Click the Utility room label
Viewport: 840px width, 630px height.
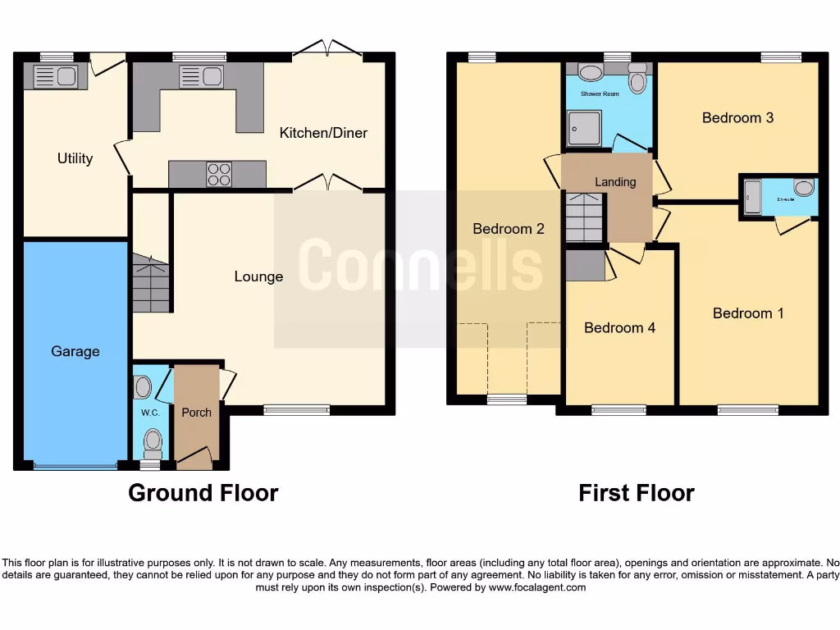(x=75, y=158)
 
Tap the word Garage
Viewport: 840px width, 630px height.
(x=75, y=351)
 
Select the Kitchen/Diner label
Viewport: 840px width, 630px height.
(x=323, y=133)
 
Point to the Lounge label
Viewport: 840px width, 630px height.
(x=258, y=276)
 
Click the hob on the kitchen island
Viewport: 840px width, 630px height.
(x=218, y=174)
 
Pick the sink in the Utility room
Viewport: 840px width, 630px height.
(x=55, y=77)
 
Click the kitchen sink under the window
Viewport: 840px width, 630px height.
(x=202, y=77)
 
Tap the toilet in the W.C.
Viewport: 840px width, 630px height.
(x=152, y=443)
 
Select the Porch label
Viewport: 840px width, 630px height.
(x=196, y=412)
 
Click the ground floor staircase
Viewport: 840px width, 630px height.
(x=151, y=283)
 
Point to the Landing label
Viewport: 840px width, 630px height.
(x=615, y=182)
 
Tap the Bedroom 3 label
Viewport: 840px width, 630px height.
(x=737, y=117)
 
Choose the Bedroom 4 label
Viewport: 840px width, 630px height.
(x=619, y=327)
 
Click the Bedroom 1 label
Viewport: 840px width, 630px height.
(x=748, y=313)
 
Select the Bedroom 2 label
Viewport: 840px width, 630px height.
(x=509, y=229)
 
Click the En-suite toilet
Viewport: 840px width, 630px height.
(x=804, y=188)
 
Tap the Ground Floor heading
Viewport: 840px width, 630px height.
(x=203, y=493)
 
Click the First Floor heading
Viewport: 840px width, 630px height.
(x=636, y=493)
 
